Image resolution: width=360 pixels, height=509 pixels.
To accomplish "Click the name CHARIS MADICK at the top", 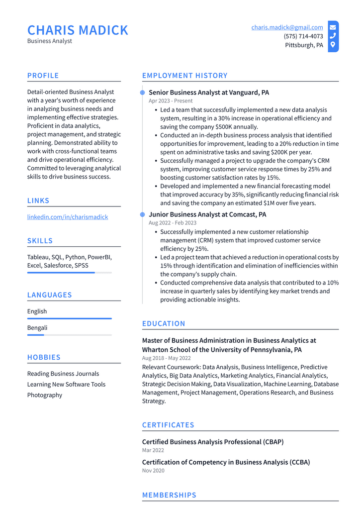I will pyautogui.click(x=78, y=30).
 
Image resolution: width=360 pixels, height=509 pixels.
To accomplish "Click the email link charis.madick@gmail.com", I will pyautogui.click(x=287, y=27).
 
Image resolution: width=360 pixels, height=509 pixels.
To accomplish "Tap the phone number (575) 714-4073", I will pyautogui.click(x=303, y=36).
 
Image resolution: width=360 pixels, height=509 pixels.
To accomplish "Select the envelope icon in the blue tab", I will pyautogui.click(x=333, y=27).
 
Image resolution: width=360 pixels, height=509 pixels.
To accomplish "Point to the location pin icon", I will pyautogui.click(x=333, y=45).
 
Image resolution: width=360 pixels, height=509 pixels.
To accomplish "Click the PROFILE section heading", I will pyautogui.click(x=43, y=76).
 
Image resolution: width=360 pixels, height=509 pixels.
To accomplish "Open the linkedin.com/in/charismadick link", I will pyautogui.click(x=68, y=217).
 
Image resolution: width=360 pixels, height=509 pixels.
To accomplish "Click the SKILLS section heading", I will pyautogui.click(x=40, y=241).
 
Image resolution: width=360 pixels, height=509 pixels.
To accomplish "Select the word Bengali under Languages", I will pyautogui.click(x=37, y=328).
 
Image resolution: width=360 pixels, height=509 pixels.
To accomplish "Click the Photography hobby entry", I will pyautogui.click(x=45, y=395).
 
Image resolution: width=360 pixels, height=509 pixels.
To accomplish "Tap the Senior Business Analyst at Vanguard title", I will pyautogui.click(x=209, y=93).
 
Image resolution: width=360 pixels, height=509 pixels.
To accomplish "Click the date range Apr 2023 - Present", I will pyautogui.click(x=171, y=101).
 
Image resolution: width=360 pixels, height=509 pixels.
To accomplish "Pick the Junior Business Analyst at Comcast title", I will pyautogui.click(x=207, y=214).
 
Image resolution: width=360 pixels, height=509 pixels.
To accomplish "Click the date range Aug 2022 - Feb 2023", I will pyautogui.click(x=173, y=223).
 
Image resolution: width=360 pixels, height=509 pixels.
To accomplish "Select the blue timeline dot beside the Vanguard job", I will pyautogui.click(x=143, y=93).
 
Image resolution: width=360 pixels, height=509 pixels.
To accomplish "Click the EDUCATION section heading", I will pyautogui.click(x=164, y=323).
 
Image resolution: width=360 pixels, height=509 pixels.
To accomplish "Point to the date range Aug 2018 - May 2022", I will pyautogui.click(x=167, y=358).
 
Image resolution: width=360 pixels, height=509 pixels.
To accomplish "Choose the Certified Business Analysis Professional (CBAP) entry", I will pyautogui.click(x=213, y=442).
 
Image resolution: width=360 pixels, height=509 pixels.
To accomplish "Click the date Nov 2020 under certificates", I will pyautogui.click(x=153, y=471).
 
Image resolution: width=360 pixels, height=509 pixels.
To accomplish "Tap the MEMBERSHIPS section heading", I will pyautogui.click(x=170, y=495).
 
